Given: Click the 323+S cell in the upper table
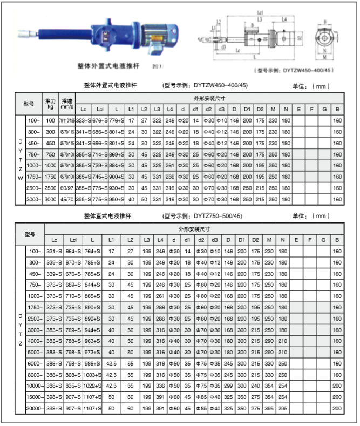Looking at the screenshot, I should [x=83, y=119].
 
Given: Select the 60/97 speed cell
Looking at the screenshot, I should [x=67, y=189].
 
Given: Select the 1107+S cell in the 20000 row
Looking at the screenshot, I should [x=92, y=408].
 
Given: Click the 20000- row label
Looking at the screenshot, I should [x=35, y=408].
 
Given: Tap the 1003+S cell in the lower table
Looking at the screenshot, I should [x=92, y=373].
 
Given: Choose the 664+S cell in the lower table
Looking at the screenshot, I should [x=73, y=251].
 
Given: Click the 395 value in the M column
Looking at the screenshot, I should [x=270, y=408].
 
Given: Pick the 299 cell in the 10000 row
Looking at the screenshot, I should [x=228, y=385].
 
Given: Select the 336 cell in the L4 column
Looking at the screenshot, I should [x=160, y=385].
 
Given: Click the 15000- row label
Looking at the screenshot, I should [x=35, y=397].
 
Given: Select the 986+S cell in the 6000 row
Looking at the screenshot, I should [x=92, y=362].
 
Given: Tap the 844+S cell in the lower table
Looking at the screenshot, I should [x=92, y=285].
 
